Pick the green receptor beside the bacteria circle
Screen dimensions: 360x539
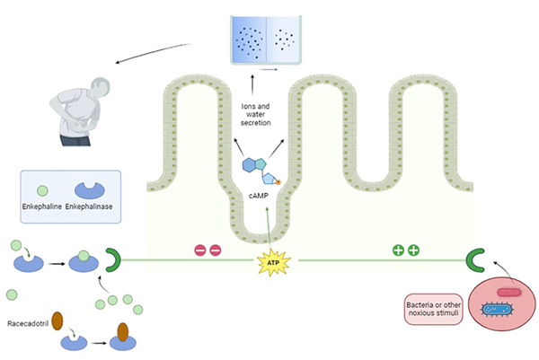(x=475, y=261)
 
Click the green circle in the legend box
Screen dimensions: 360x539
(x=41, y=189)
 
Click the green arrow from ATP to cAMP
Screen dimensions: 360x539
(x=269, y=224)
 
